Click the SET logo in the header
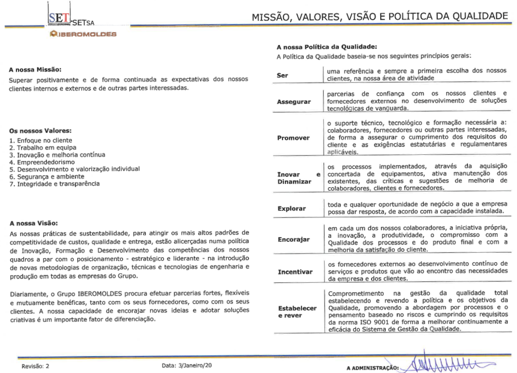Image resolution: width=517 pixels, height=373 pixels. coord(60,19)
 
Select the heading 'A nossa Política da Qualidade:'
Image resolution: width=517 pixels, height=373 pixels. coord(327,47)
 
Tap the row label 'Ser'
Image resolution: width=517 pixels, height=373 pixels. coord(282,75)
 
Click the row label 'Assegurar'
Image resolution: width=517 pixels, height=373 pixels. coord(294,102)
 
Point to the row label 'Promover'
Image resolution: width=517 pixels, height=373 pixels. coord(293,138)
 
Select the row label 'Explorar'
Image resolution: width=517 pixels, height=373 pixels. coord(292,209)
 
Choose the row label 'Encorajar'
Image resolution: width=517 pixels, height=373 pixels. coord(293,240)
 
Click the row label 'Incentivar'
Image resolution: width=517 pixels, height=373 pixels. coord(295,272)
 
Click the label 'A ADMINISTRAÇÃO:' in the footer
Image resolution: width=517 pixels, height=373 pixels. coord(372,367)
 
